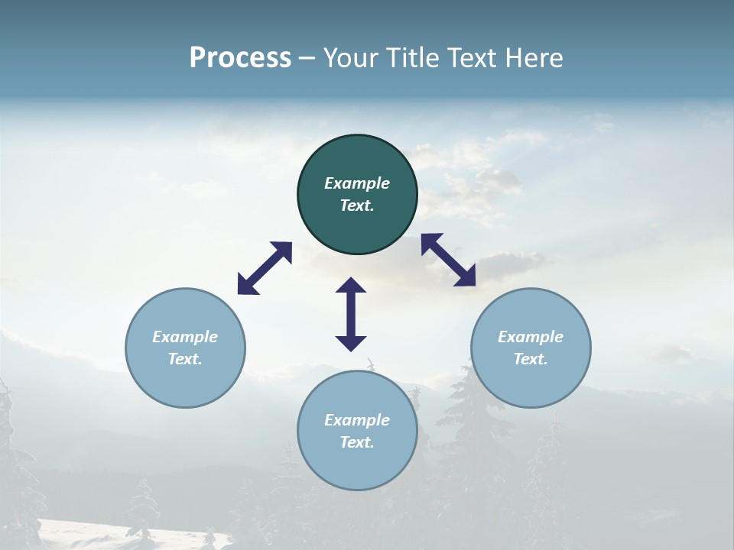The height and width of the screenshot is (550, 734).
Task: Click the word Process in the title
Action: click(240, 58)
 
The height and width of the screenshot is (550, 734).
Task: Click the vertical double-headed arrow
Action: click(351, 314)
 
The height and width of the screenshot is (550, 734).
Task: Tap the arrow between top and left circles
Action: click(265, 268)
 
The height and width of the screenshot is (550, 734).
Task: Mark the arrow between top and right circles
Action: click(448, 260)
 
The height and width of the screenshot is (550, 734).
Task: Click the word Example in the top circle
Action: click(357, 183)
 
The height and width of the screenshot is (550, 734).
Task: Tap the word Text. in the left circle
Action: click(185, 359)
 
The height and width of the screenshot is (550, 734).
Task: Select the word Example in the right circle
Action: click(531, 337)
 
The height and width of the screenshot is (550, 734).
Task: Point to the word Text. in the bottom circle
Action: click(357, 442)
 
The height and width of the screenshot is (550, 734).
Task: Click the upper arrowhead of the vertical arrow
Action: click(351, 286)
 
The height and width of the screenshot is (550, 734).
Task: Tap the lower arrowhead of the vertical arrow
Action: click(351, 342)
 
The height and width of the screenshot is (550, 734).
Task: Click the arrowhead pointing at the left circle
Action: click(246, 285)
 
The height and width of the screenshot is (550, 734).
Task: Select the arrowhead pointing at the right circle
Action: click(465, 277)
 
